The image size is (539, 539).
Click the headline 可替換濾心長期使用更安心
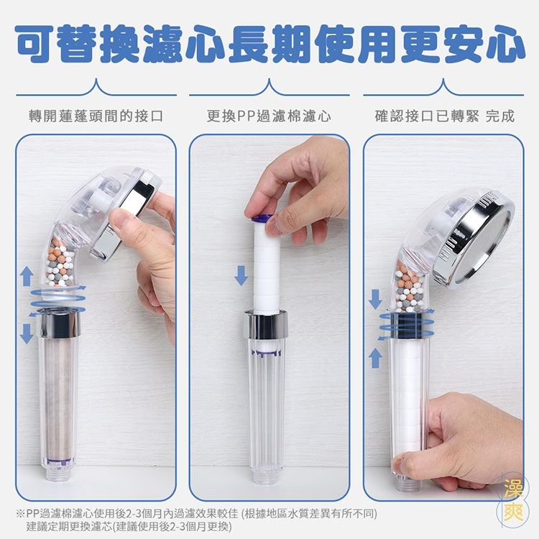coord(270,44)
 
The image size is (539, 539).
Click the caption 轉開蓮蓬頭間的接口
coord(96,116)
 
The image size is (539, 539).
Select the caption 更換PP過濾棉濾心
coord(269,116)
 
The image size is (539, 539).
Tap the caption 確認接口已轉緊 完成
coord(444,116)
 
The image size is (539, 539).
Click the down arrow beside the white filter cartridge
coord(241,275)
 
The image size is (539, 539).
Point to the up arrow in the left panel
coord(27,276)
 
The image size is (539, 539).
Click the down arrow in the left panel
coord(27,333)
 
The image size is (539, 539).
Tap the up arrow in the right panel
coord(375,358)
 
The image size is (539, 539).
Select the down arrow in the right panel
coord(375,300)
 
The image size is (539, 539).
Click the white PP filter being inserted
coord(267,265)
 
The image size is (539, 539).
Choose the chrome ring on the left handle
coord(59,323)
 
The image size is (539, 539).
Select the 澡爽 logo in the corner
coord(513,499)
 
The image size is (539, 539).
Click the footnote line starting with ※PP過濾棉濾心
coord(197,514)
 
